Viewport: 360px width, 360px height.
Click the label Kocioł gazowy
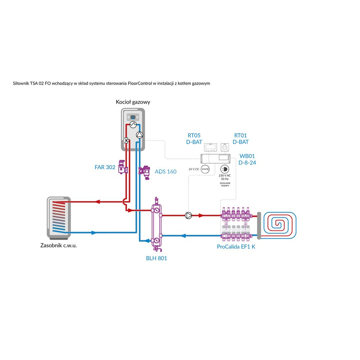click(133, 102)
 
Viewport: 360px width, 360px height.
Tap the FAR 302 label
click(105, 167)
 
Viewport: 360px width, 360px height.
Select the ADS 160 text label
click(165, 171)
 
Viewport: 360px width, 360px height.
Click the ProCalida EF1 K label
click(236, 247)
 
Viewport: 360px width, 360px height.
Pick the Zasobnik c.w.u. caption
click(59, 246)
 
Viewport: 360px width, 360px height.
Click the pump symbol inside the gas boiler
click(140, 135)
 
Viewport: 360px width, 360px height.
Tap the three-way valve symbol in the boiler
click(127, 141)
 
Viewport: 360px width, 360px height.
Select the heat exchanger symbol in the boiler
click(133, 125)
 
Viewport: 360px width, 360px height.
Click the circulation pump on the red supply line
click(188, 216)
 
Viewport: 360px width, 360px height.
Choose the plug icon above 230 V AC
click(224, 170)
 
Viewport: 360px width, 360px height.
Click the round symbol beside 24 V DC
click(205, 169)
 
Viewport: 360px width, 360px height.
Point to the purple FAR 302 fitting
click(123, 167)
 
